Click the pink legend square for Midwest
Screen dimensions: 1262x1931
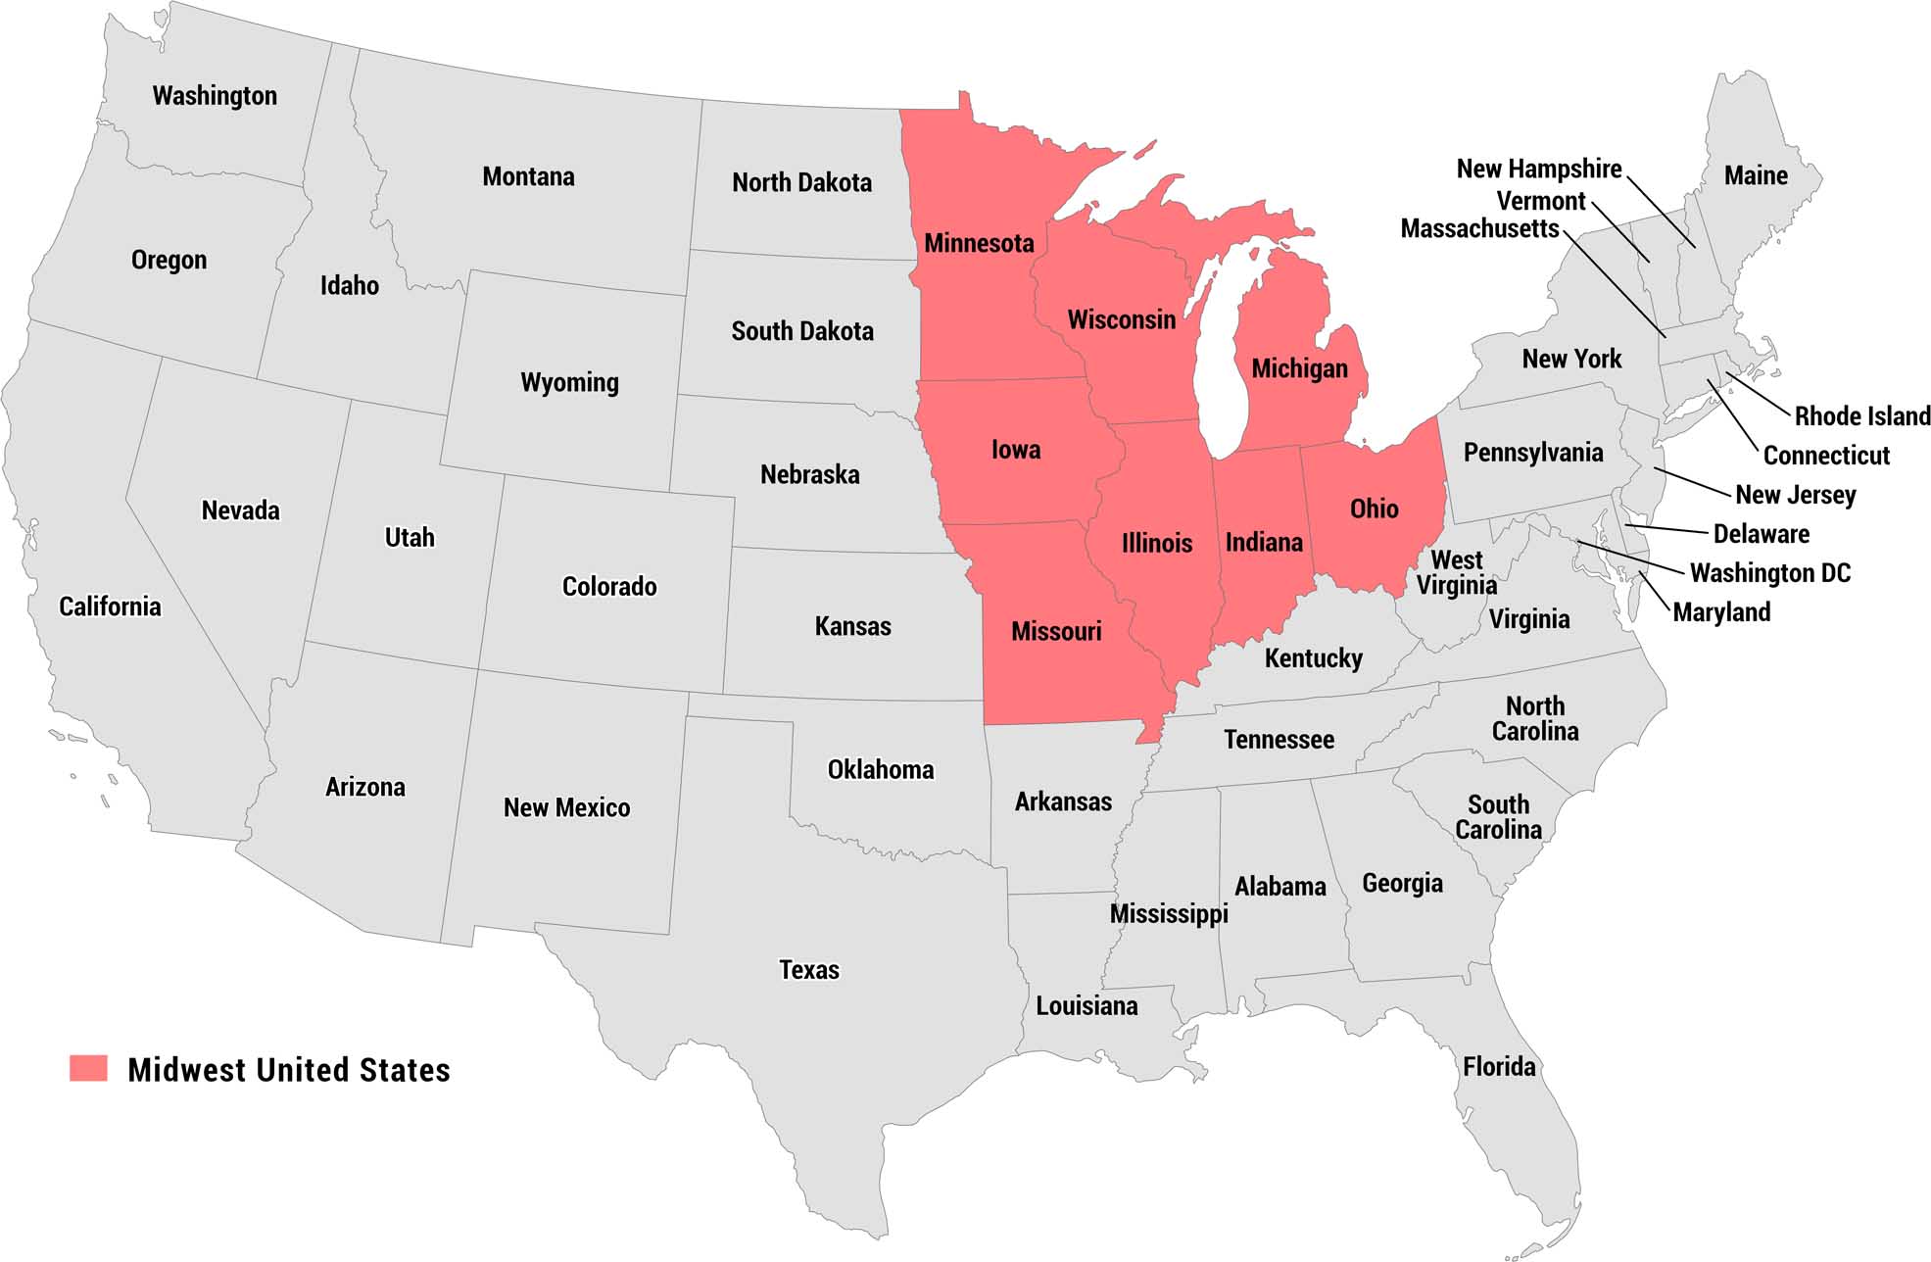(88, 1068)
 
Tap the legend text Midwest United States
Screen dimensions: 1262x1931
(289, 1070)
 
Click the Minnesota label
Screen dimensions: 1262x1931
(979, 243)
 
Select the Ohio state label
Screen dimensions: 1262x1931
(1374, 509)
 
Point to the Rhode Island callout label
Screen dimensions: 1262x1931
(1861, 416)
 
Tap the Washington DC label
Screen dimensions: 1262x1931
(1769, 573)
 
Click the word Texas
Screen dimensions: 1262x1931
(808, 970)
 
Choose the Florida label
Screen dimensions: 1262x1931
(1499, 1066)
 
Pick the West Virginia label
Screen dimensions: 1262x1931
(1457, 573)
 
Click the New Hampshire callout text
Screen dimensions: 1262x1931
(1538, 170)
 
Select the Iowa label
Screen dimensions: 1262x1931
(1016, 450)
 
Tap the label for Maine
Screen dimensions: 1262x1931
(1756, 176)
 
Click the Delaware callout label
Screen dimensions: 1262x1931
(1761, 534)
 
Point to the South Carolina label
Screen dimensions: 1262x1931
(1498, 817)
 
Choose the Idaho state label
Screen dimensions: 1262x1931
(349, 286)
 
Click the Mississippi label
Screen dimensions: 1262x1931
(1168, 914)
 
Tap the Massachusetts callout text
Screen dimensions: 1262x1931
(1479, 229)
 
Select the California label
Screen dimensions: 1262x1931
(110, 607)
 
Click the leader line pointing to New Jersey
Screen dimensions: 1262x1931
(1692, 481)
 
